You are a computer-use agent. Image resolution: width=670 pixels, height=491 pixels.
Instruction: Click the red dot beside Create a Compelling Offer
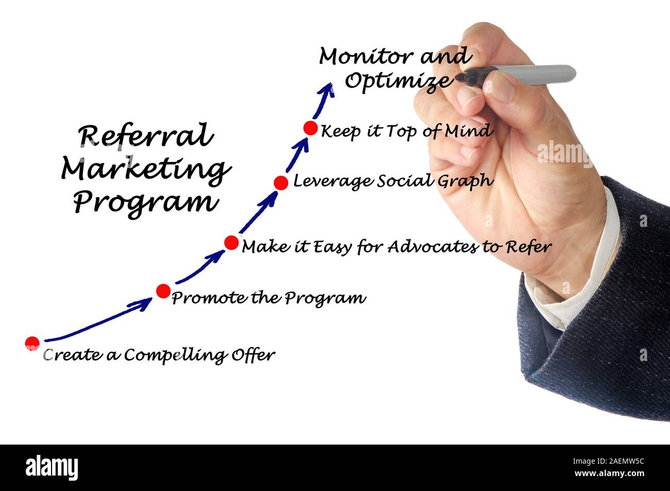32,343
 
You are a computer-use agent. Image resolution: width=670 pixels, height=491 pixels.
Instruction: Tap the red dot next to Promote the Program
163,291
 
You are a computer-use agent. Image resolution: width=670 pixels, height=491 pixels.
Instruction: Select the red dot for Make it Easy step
231,242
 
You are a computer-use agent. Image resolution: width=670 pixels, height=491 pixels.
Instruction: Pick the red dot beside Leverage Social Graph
281,183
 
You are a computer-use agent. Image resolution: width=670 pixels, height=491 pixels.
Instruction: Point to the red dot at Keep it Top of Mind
310,128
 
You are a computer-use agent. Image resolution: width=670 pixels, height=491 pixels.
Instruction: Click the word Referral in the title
145,136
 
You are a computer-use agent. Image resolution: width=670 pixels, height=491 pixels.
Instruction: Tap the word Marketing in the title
145,169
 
